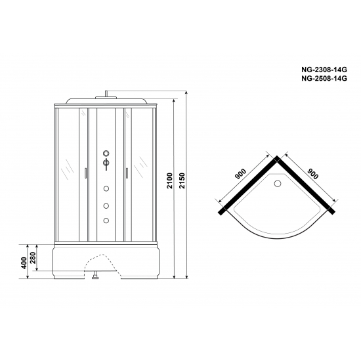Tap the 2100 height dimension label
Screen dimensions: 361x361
pyautogui.click(x=170, y=188)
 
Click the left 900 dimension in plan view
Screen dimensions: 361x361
pyautogui.click(x=240, y=177)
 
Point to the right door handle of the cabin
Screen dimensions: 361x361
pyautogui.click(x=122, y=174)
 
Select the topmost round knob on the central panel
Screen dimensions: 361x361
pyautogui.click(x=104, y=155)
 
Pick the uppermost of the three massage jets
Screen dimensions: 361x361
pyautogui.click(x=104, y=190)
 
